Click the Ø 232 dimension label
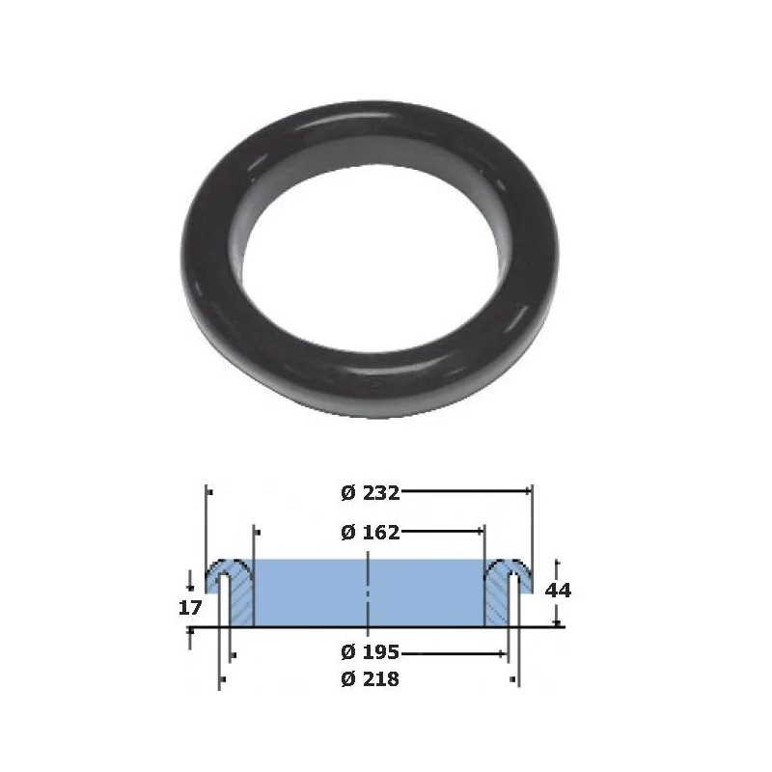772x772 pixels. click(371, 492)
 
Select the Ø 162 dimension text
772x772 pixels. click(371, 533)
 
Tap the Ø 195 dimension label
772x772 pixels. click(371, 652)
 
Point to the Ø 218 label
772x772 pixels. click(371, 679)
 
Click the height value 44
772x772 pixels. click(558, 590)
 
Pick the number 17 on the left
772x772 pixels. click(190, 608)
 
